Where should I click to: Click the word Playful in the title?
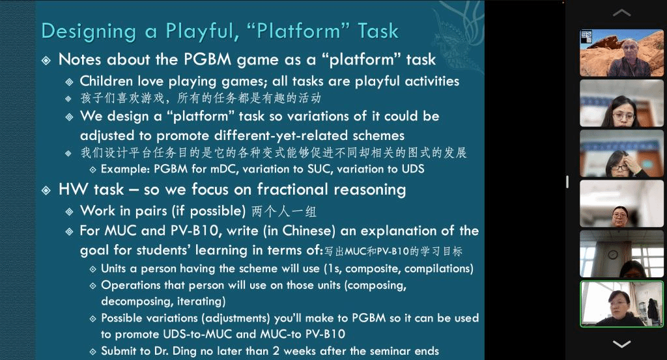coord(200,32)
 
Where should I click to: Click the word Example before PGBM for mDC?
coord(125,169)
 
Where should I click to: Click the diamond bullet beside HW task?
coord(46,190)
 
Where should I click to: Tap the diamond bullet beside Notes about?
coord(46,61)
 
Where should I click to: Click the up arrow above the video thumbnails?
coord(621,13)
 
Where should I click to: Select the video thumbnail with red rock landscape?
coord(621,53)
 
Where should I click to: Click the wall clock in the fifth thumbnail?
coord(612,255)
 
